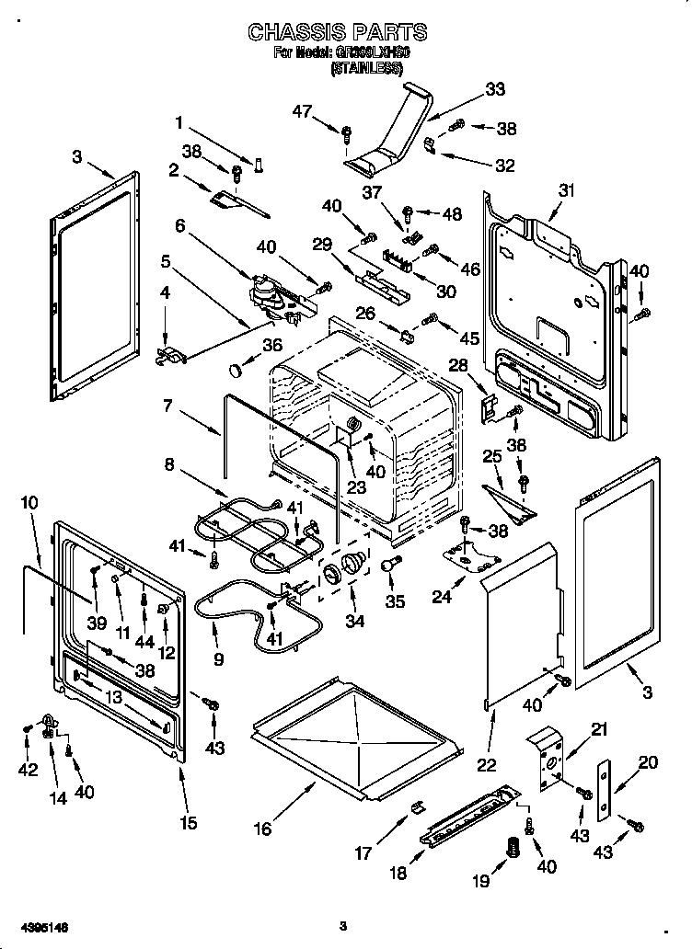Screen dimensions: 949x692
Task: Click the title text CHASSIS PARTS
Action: (x=338, y=32)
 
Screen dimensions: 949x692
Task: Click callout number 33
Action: (x=495, y=90)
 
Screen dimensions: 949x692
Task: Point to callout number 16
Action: (x=263, y=829)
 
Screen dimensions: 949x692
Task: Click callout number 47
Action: (x=303, y=112)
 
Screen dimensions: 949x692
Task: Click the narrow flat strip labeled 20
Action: (x=605, y=790)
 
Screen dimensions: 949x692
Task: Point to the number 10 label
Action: (x=29, y=503)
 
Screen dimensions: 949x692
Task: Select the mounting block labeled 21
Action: (x=548, y=757)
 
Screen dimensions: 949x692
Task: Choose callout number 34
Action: (x=354, y=622)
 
